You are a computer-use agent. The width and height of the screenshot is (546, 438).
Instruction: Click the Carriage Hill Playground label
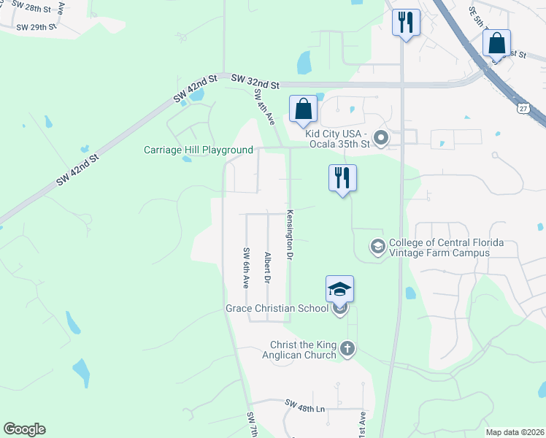(198, 150)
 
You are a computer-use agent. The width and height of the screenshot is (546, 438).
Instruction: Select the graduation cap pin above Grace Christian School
(339, 289)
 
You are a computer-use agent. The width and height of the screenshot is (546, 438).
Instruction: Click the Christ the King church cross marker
(347, 349)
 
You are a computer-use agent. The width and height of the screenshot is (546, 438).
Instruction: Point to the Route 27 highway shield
(522, 109)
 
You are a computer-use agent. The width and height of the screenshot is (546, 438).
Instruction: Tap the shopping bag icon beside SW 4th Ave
(304, 109)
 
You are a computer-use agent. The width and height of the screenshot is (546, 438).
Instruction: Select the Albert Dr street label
(268, 268)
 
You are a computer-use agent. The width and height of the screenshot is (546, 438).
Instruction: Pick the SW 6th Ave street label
(246, 268)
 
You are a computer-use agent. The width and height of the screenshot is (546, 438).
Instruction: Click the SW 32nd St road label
(255, 82)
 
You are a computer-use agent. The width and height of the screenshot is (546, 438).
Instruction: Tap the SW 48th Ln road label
(305, 405)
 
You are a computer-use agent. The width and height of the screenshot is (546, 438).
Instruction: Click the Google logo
(24, 429)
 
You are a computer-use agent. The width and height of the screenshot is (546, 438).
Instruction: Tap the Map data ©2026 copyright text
(515, 432)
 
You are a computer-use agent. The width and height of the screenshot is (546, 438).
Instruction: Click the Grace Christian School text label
(277, 309)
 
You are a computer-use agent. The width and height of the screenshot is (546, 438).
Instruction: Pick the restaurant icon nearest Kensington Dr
(342, 178)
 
